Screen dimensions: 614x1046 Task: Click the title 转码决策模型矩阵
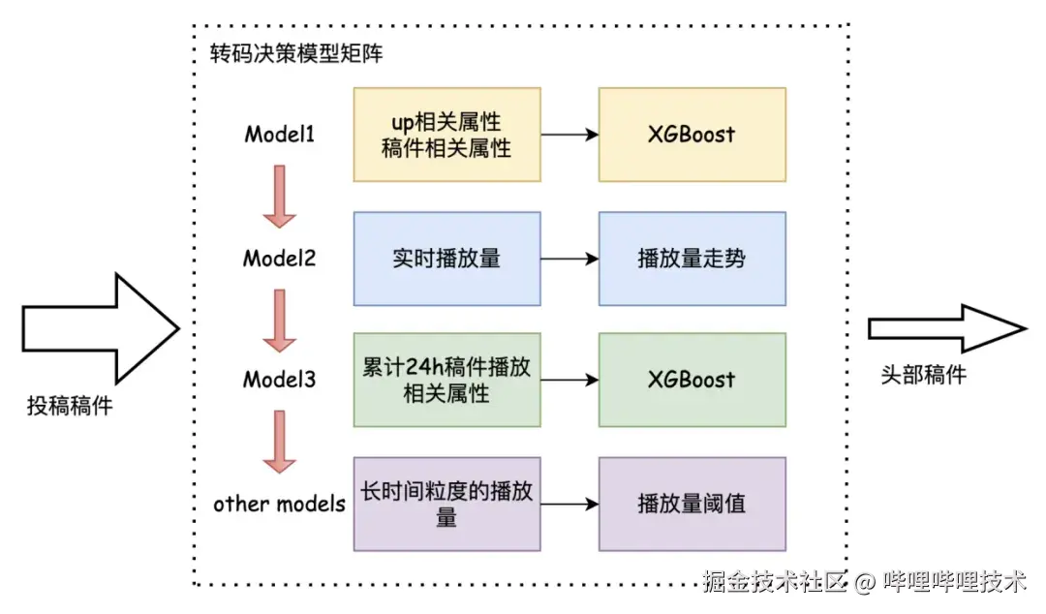click(x=297, y=53)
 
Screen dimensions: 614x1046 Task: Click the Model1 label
click(x=279, y=135)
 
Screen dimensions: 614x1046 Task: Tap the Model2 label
click(x=279, y=259)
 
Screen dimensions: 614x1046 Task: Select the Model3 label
click(x=279, y=380)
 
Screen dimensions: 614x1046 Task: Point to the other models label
click(x=279, y=504)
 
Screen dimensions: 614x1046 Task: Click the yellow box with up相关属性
click(x=446, y=135)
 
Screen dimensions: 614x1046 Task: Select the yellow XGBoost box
click(x=692, y=135)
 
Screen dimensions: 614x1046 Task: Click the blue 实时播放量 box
click(x=446, y=259)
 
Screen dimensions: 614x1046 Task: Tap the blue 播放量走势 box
click(x=692, y=259)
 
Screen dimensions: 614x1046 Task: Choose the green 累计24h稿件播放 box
click(x=446, y=380)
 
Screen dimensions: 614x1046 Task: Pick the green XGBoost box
click(x=692, y=380)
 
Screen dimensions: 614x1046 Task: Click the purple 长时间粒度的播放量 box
click(x=446, y=504)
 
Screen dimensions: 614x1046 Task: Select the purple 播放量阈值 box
click(x=692, y=504)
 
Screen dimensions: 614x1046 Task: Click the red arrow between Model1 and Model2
click(x=279, y=196)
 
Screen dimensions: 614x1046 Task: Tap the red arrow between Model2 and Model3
click(x=279, y=319)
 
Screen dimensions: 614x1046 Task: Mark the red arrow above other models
click(x=279, y=442)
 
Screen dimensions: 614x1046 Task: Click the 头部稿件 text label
click(x=923, y=376)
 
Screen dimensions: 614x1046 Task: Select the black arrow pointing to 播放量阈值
click(x=569, y=504)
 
